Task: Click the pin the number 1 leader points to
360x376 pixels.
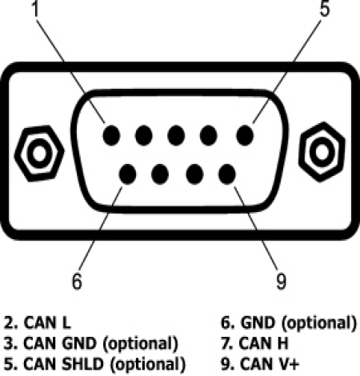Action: pos(111,135)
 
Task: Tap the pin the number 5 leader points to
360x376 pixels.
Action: pos(245,135)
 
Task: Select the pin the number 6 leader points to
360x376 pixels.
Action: pos(127,174)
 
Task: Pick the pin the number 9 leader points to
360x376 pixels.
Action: pos(226,174)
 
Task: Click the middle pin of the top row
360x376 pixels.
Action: pos(176,135)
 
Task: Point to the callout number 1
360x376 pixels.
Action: pos(35,8)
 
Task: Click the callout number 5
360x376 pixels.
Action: pos(325,9)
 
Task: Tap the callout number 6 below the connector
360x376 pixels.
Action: pos(77,281)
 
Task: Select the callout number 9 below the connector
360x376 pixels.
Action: pos(281,281)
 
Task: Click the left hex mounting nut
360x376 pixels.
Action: pos(39,154)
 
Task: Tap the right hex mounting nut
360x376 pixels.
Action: pos(322,152)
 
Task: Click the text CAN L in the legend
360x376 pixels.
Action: pos(47,322)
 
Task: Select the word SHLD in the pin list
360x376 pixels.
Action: pos(82,364)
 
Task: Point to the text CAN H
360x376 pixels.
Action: pos(263,343)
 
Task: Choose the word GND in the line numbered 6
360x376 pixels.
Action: pos(258,322)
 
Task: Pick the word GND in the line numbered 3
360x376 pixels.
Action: pos(78,343)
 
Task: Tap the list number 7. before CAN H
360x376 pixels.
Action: pos(227,343)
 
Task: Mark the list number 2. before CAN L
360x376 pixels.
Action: pos(11,322)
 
